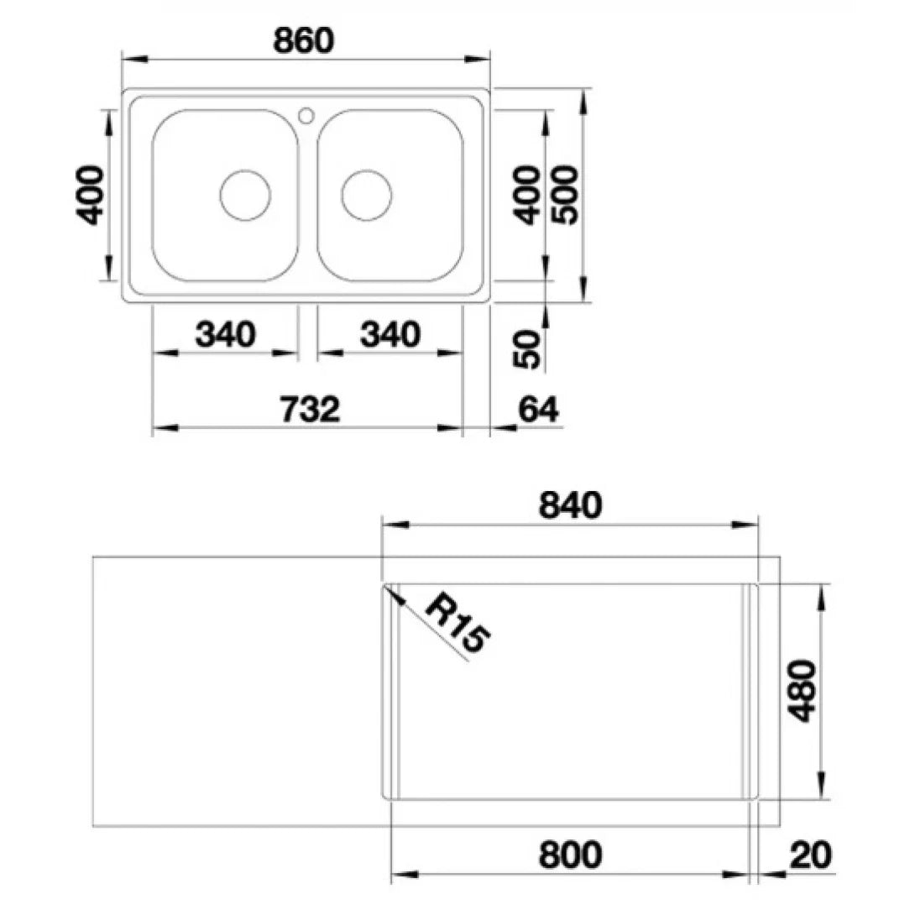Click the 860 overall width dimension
(303, 40)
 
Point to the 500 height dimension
(565, 195)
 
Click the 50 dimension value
(526, 348)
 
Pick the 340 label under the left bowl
(225, 334)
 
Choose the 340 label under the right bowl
(390, 334)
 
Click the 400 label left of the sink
(90, 195)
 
